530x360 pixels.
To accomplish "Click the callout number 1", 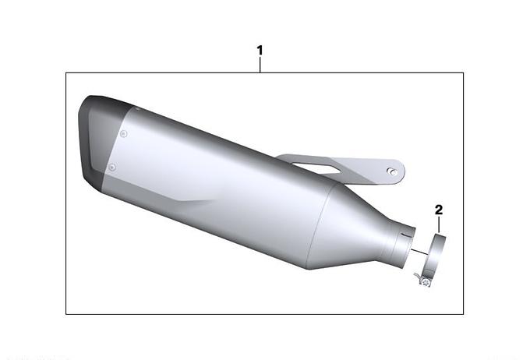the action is click(x=260, y=51).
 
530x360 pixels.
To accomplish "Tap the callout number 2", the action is click(x=438, y=210).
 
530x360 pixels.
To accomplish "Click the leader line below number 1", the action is click(x=260, y=65).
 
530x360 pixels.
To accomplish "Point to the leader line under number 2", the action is click(x=439, y=224).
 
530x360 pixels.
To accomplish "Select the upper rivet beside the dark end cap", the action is click(x=124, y=134).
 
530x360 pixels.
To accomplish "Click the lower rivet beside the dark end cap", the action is click(x=112, y=167).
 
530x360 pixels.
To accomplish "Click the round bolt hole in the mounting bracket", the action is click(x=392, y=171).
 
